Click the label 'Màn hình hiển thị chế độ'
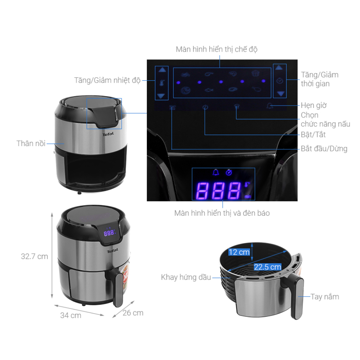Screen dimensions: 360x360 [x=217, y=49]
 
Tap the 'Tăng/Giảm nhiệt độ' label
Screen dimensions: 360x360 [x=108, y=80]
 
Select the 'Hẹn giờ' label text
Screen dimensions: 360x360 [x=313, y=105]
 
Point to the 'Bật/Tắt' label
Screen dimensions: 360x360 [x=313, y=135]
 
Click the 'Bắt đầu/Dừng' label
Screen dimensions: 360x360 [x=324, y=148]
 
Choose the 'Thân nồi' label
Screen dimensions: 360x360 [x=31, y=143]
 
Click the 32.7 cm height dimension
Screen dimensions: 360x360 [x=34, y=256]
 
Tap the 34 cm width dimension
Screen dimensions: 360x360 [x=71, y=315]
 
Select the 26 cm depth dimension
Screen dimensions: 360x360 [x=133, y=313]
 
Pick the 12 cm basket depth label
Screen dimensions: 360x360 [x=239, y=252]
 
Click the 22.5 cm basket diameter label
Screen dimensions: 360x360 [x=267, y=267]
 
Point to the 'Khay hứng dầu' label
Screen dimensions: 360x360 [x=186, y=277]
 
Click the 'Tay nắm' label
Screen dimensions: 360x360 [x=324, y=296]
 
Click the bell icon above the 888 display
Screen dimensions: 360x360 [x=216, y=173]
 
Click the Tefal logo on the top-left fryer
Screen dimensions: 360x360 [x=108, y=134]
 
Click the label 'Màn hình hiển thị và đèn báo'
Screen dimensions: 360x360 [x=222, y=213]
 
